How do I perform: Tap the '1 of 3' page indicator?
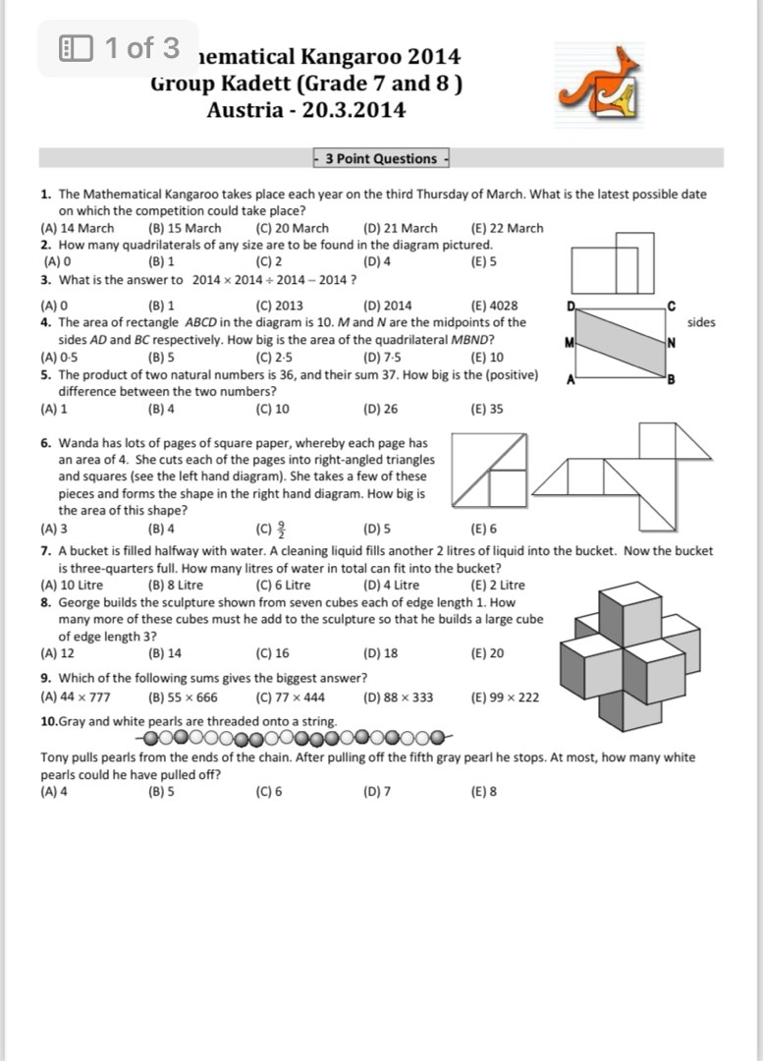119,47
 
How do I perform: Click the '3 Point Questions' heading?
380,158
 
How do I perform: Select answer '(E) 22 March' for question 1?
507,228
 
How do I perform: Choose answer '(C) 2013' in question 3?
279,306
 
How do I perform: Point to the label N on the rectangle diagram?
671,343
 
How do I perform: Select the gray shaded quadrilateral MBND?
620,343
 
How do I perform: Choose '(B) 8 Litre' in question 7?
176,585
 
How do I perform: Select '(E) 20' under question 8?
488,652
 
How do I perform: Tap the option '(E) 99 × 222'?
505,698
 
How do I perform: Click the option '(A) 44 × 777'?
76,698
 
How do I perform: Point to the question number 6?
46,443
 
